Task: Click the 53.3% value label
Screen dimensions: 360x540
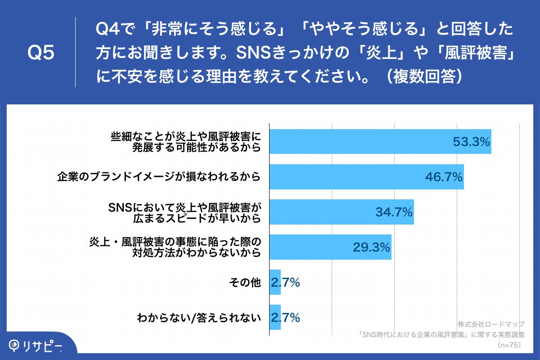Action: coord(471,142)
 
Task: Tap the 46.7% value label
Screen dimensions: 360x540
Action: coord(444,177)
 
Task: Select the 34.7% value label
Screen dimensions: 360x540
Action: coord(394,212)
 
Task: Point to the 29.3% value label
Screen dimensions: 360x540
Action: coord(371,247)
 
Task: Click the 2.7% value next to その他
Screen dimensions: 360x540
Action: coord(285,283)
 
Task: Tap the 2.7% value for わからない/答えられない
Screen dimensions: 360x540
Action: coord(285,318)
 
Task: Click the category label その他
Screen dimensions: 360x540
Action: coord(245,283)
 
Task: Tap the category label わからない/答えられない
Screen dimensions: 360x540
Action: coord(199,318)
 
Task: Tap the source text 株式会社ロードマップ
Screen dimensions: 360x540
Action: coord(491,324)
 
